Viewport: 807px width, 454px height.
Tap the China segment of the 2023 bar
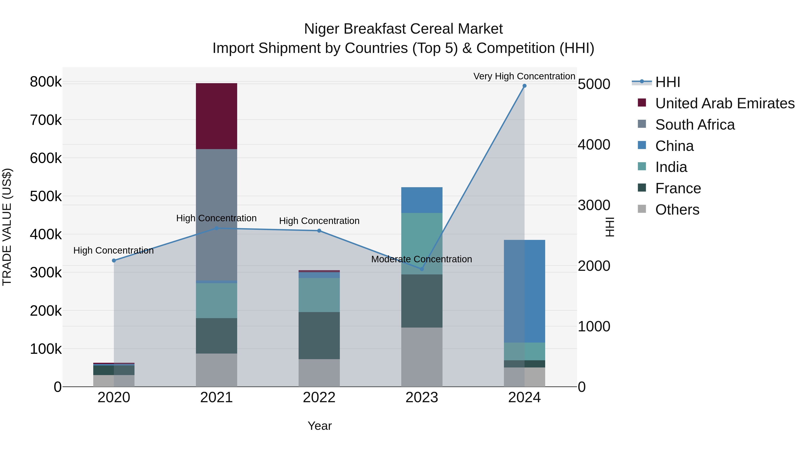click(422, 200)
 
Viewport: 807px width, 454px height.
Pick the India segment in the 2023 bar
click(422, 243)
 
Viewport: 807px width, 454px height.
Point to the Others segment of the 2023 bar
click(422, 357)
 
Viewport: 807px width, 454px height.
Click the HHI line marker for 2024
click(524, 86)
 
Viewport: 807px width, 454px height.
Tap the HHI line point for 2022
click(319, 231)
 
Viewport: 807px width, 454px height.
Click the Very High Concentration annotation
click(524, 76)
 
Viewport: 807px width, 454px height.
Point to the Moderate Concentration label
click(421, 259)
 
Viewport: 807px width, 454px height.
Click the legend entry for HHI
click(667, 82)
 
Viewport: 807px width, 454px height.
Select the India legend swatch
click(642, 166)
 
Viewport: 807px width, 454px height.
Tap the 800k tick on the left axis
click(46, 82)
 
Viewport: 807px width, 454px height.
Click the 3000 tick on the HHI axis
click(594, 205)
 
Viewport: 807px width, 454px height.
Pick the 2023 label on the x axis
click(422, 397)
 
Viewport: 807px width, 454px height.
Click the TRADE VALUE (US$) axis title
click(7, 227)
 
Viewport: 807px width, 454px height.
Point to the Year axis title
click(319, 426)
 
